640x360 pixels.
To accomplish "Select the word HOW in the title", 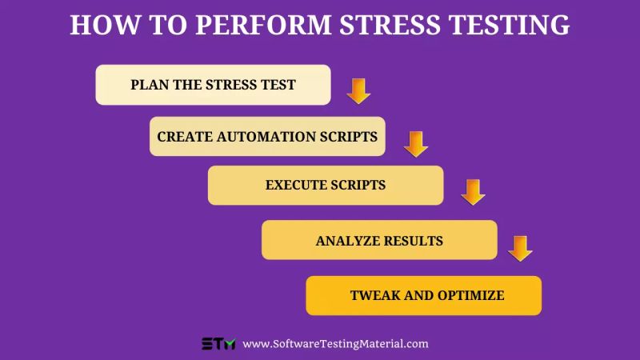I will coord(98,25).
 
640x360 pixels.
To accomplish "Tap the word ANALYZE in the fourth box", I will coord(345,240).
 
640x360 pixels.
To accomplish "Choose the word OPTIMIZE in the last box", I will coord(470,295).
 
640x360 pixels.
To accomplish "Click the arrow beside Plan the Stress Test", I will coord(358,90).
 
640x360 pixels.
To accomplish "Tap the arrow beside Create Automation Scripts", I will coord(416,144).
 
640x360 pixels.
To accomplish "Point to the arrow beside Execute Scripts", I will coord(474,192).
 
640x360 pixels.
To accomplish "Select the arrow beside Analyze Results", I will coord(521,248).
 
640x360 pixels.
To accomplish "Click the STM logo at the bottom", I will coord(218,344).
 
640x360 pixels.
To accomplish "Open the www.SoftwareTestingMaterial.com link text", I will coord(335,344).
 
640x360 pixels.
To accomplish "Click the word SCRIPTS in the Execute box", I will coord(358,185).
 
